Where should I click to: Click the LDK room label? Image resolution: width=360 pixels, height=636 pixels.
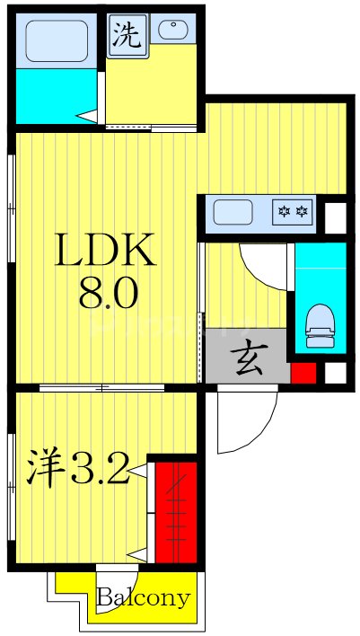(x=107, y=252)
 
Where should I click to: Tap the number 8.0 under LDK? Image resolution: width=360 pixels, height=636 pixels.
(x=107, y=294)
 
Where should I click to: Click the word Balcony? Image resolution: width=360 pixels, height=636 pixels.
(x=144, y=597)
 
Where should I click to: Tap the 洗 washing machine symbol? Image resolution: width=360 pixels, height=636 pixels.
(x=127, y=36)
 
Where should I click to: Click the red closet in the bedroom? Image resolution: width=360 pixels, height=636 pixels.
(x=176, y=510)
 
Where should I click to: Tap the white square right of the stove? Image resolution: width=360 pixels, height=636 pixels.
(x=334, y=216)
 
